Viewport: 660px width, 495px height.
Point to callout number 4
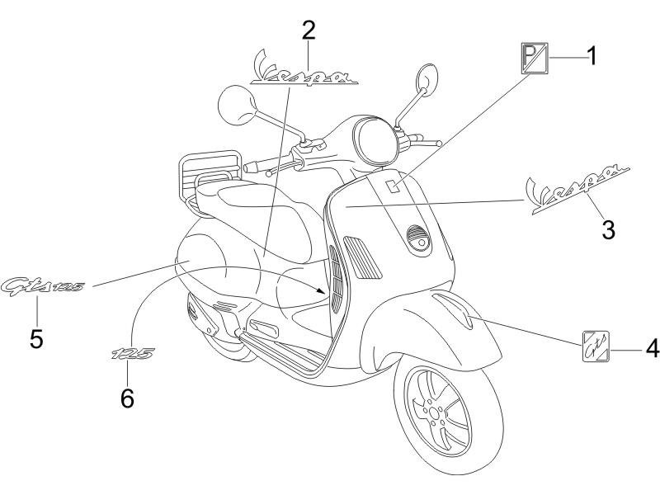pyautogui.click(x=652, y=349)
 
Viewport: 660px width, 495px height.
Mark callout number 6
pyautogui.click(x=126, y=397)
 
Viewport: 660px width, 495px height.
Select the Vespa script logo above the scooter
pyautogui.click(x=304, y=72)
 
